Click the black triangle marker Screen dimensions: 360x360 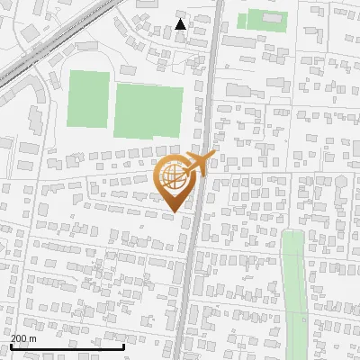(x=181, y=24)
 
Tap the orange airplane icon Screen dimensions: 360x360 (x=200, y=164)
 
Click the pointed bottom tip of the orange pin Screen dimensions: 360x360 (x=173, y=211)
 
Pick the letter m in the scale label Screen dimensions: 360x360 (x=33, y=338)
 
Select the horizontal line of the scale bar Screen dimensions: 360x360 (x=67, y=346)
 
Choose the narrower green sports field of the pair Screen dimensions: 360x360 (x=88, y=98)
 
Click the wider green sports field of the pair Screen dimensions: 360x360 (x=147, y=111)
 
